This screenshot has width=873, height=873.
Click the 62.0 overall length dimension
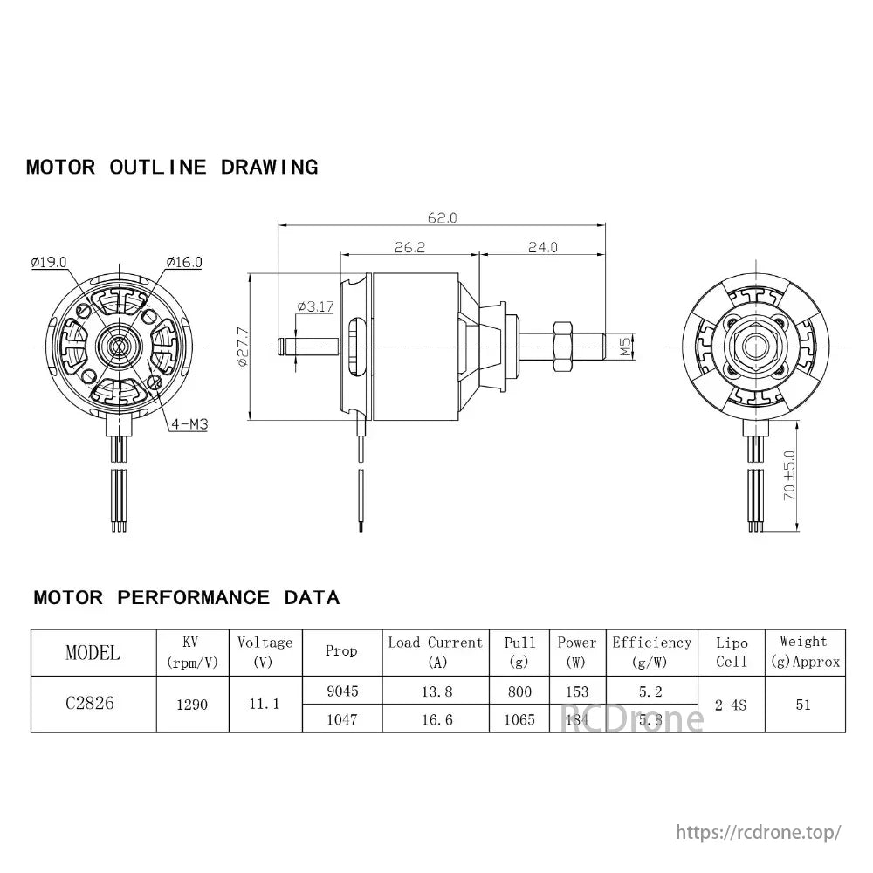click(x=443, y=217)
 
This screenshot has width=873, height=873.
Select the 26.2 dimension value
click(x=409, y=247)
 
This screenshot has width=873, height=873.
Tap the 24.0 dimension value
click(x=542, y=247)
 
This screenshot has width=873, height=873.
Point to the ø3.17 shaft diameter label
click(x=315, y=306)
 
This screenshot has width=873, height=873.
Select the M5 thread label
click(x=625, y=347)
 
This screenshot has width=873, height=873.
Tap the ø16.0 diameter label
click(x=184, y=261)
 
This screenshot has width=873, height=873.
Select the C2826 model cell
click(x=89, y=704)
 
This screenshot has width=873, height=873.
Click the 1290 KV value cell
click(x=192, y=704)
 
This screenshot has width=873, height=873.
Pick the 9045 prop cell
click(x=341, y=691)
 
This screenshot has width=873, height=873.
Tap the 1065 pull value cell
click(x=519, y=720)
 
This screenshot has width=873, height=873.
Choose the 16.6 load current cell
click(x=435, y=720)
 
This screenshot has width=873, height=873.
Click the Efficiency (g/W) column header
click(x=651, y=651)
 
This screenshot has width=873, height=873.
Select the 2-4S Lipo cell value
click(x=731, y=704)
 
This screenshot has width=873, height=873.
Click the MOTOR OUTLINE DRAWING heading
click(x=172, y=167)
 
